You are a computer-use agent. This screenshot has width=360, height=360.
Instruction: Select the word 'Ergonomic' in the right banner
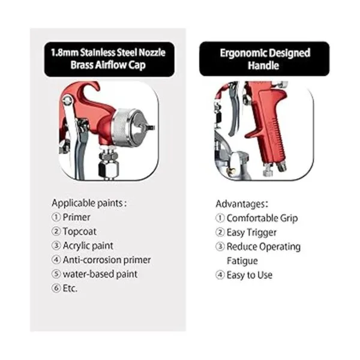[x=242, y=53]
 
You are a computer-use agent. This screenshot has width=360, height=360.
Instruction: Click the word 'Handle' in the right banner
[x=263, y=65]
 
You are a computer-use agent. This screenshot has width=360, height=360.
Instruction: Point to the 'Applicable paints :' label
[x=89, y=203]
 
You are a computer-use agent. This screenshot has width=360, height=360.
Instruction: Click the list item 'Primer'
[x=76, y=217]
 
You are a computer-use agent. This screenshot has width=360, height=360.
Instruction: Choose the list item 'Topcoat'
[x=79, y=232]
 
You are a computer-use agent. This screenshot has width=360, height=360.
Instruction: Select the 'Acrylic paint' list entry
[x=88, y=245]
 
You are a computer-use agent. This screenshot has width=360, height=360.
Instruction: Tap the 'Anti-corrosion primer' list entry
[x=107, y=260]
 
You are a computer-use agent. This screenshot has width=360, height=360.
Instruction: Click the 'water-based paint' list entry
[x=100, y=274]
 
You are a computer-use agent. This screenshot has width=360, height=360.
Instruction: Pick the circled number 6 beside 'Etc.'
[x=56, y=289]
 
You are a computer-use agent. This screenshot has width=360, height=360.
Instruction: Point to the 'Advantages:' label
[x=242, y=204]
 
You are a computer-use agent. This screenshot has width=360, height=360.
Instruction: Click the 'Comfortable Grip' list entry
[x=262, y=218]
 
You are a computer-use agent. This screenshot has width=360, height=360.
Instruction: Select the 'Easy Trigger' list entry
[x=251, y=232]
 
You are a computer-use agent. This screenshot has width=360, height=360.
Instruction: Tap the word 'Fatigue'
[x=242, y=261]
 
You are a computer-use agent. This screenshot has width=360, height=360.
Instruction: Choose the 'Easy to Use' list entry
[x=250, y=275]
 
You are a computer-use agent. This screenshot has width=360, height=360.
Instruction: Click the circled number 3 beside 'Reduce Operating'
[x=220, y=247]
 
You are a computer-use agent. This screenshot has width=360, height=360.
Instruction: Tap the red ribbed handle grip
[x=271, y=128]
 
